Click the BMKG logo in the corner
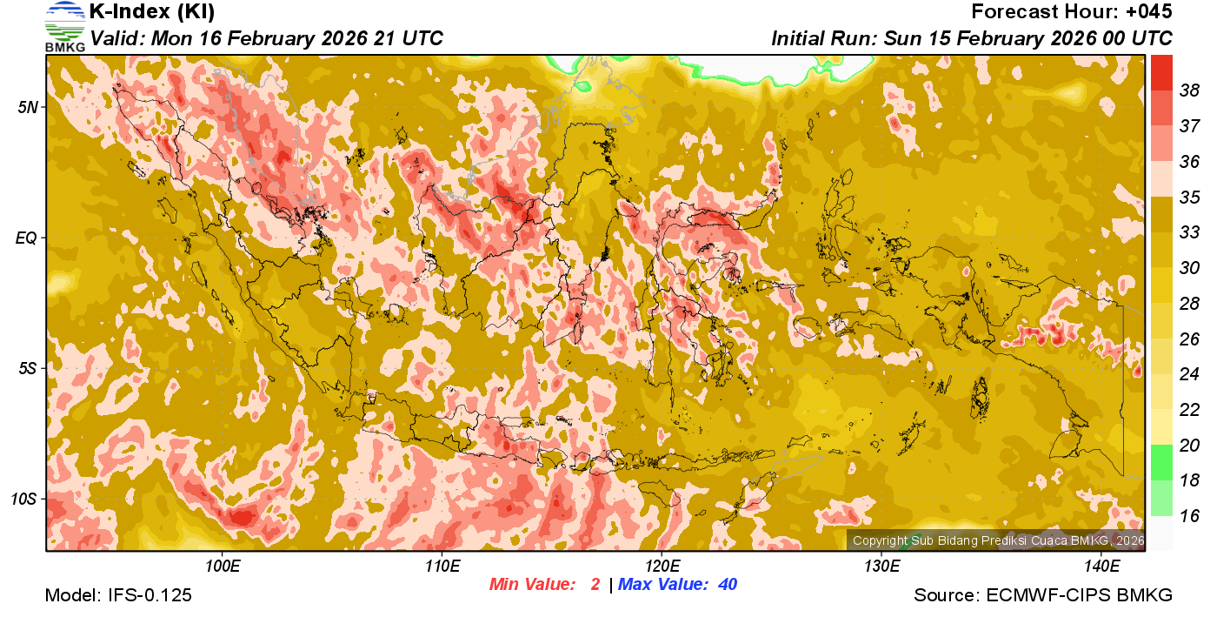(x=64, y=27)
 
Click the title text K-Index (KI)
(x=152, y=12)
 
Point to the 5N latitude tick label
(x=27, y=107)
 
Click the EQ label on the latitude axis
(x=26, y=238)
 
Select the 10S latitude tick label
(x=23, y=500)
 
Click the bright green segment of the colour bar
(x=1161, y=462)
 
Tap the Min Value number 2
(x=595, y=585)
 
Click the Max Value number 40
(x=728, y=585)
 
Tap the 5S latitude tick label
(x=27, y=369)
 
